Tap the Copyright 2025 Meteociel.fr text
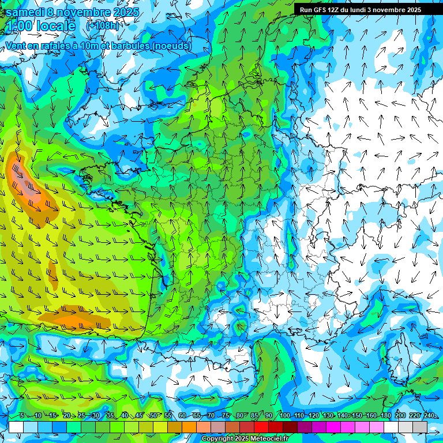[x=244, y=439]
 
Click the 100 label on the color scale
[x=284, y=416]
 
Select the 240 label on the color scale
[x=429, y=416]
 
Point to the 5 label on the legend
[x=22, y=416]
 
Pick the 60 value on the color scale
[x=182, y=416]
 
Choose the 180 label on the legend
[x=385, y=416]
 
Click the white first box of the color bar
[x=16, y=427]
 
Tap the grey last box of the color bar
[x=420, y=427]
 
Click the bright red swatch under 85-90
[x=261, y=427]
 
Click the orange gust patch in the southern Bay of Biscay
[x=81, y=317]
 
